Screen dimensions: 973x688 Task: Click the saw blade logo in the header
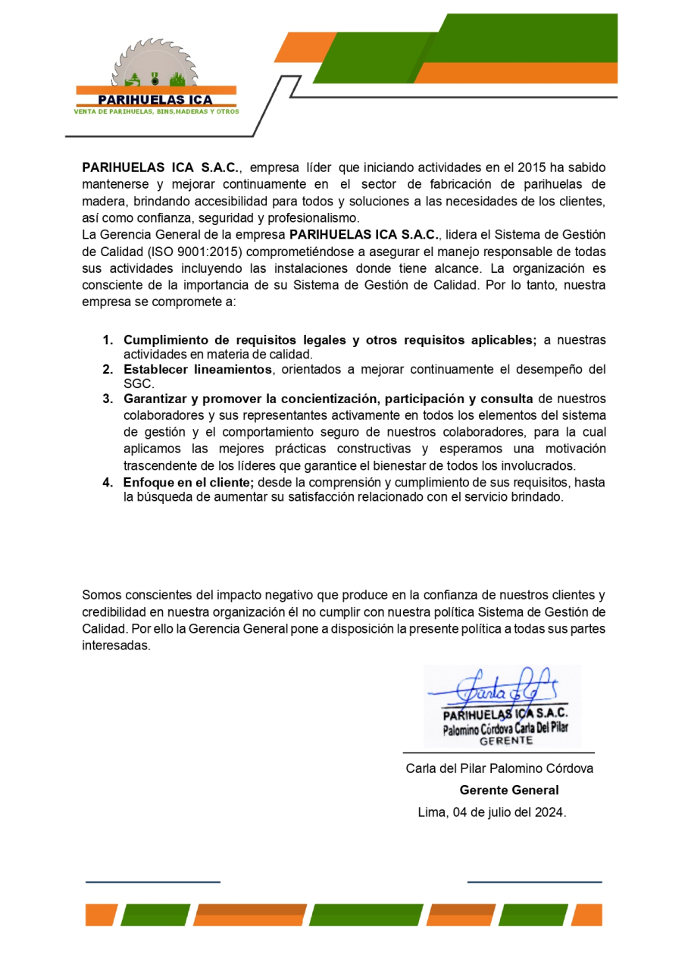[155, 64]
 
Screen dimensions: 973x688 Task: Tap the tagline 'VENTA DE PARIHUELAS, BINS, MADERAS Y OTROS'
[156, 111]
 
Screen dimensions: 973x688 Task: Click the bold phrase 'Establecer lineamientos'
[197, 370]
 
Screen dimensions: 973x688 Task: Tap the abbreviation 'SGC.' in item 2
[139, 384]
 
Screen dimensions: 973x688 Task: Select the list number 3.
[108, 399]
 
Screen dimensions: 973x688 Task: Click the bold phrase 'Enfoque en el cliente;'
[189, 483]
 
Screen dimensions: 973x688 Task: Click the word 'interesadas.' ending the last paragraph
[117, 646]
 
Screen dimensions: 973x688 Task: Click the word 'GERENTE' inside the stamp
[506, 741]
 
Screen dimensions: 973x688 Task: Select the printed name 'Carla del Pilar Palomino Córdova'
[499, 768]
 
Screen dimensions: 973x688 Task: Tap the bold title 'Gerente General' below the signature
[509, 790]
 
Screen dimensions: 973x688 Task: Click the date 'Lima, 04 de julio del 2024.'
[492, 812]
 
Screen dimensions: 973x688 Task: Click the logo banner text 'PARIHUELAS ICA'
[156, 99]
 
